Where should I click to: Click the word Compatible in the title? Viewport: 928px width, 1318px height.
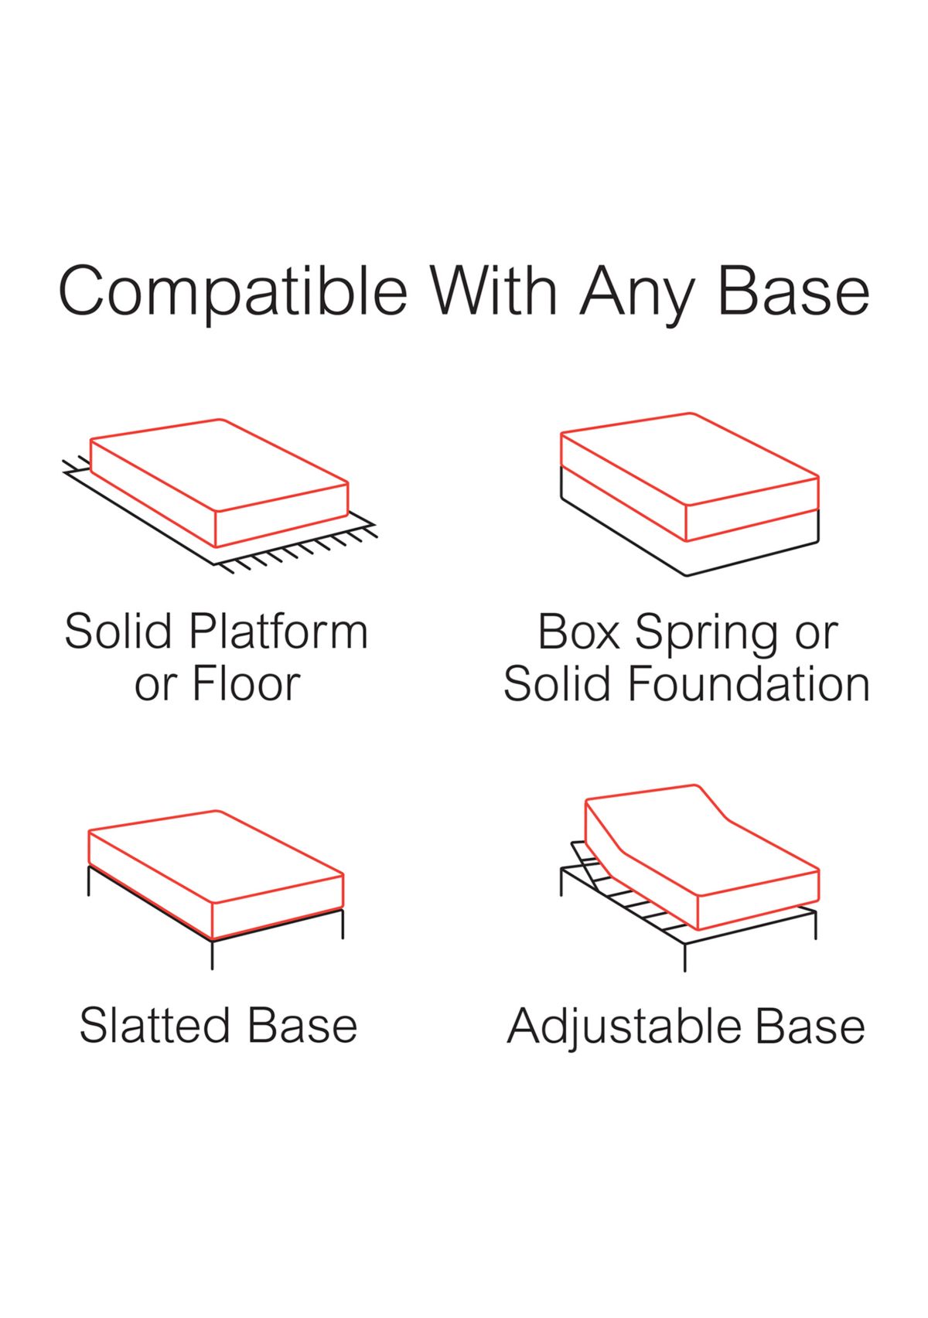(233, 293)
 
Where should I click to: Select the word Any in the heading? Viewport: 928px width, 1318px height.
(639, 295)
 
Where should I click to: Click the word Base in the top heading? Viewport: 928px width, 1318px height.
(794, 291)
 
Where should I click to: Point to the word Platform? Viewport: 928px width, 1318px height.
(278, 630)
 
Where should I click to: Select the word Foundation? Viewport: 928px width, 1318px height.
(749, 683)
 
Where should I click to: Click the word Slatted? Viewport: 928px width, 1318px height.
(155, 1026)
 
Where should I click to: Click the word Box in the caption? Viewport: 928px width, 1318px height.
(578, 631)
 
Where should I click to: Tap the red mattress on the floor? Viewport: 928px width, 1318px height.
(219, 483)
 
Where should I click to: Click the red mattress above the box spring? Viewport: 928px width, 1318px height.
(689, 477)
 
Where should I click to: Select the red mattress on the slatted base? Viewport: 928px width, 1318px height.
(216, 874)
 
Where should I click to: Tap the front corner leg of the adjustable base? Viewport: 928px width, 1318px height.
(684, 957)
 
